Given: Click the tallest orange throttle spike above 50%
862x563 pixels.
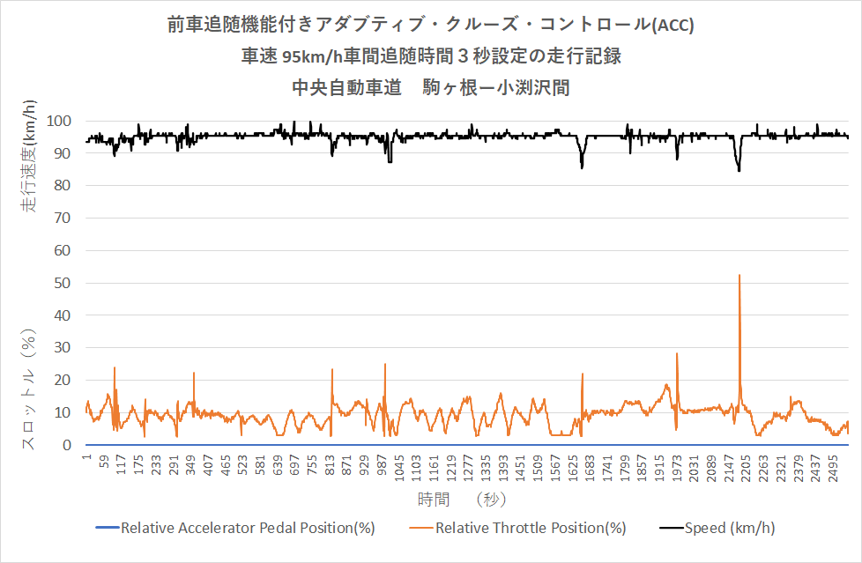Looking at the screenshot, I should click(739, 277).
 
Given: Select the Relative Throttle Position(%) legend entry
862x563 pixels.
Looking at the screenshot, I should click(530, 528).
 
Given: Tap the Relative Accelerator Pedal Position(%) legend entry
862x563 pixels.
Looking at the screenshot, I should click(248, 528).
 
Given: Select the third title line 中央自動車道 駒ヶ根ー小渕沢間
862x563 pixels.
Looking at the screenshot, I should click(430, 87).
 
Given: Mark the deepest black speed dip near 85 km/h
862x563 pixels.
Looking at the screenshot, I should click(739, 169).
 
